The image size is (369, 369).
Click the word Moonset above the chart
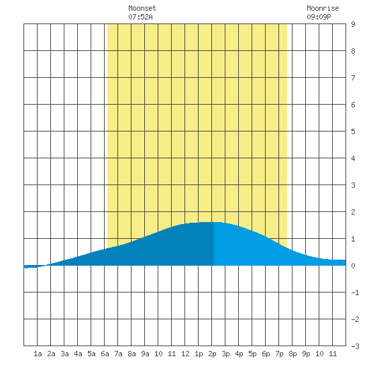142,8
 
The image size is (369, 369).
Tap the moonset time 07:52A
140,17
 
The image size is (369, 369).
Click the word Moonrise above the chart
323,8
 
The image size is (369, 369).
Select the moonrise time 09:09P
319,17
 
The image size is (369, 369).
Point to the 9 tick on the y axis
353,24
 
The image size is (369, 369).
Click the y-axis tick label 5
353,131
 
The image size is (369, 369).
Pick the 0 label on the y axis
353,266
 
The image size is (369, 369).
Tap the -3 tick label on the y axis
355,346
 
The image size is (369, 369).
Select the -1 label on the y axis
355,293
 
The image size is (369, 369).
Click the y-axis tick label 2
353,212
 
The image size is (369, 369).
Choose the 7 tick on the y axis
353,78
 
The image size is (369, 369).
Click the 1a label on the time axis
38,354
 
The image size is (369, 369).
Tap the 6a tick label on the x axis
105,354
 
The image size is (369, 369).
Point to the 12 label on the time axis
185,354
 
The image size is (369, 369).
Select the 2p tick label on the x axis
212,354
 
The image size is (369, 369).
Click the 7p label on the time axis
279,354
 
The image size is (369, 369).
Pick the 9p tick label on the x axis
306,354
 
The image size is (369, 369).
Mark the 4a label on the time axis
78,354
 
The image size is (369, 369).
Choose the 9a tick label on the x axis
145,354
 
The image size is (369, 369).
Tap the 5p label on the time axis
252,354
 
